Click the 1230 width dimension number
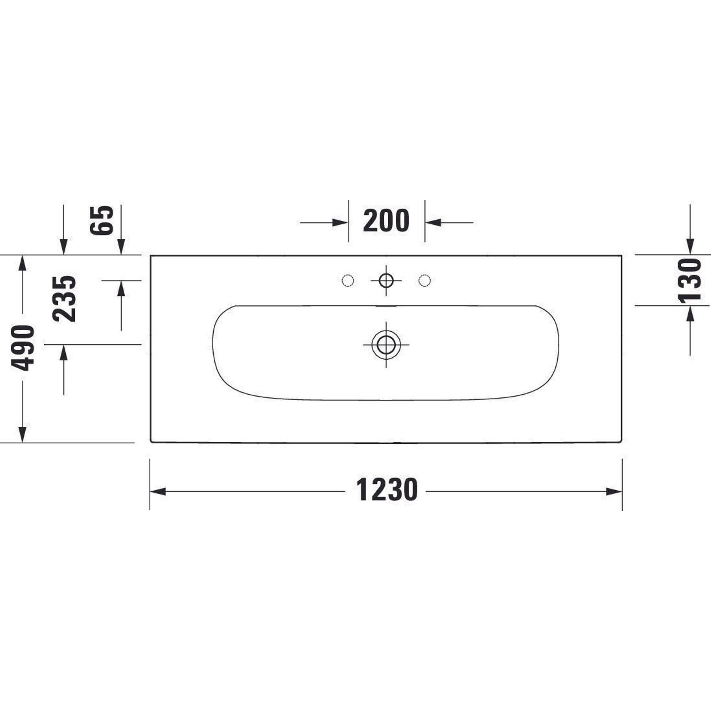point(386,490)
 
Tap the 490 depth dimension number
point(22,348)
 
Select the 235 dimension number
point(64,299)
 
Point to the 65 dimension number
point(101,220)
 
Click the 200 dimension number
point(386,221)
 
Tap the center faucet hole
point(386,281)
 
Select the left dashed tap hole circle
point(348,281)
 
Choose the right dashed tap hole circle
point(425,281)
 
